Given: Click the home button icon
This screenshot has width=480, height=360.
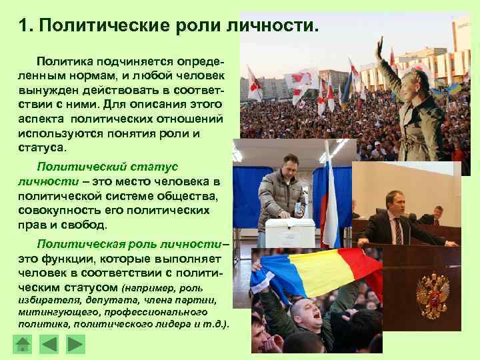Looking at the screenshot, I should (x=23, y=344).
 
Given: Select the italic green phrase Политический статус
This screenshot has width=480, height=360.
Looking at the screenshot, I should (x=107, y=167).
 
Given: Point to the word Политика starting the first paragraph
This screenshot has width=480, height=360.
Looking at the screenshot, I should (x=66, y=61).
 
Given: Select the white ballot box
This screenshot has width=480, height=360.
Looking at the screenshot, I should (x=290, y=232).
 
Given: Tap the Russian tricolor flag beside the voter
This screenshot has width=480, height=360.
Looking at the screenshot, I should (x=329, y=200).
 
